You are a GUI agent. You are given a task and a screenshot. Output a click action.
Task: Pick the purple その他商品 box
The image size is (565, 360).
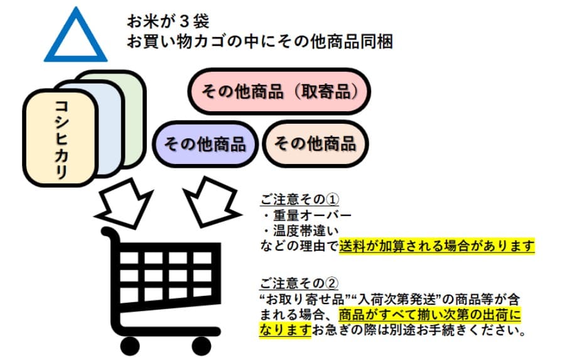[x=205, y=144]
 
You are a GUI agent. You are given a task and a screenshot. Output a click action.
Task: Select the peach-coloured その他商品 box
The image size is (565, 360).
[x=315, y=143]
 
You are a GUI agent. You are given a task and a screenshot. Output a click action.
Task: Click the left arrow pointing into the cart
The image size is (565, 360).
[x=128, y=200]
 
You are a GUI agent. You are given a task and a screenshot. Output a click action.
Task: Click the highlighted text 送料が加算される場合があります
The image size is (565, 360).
[x=436, y=246]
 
